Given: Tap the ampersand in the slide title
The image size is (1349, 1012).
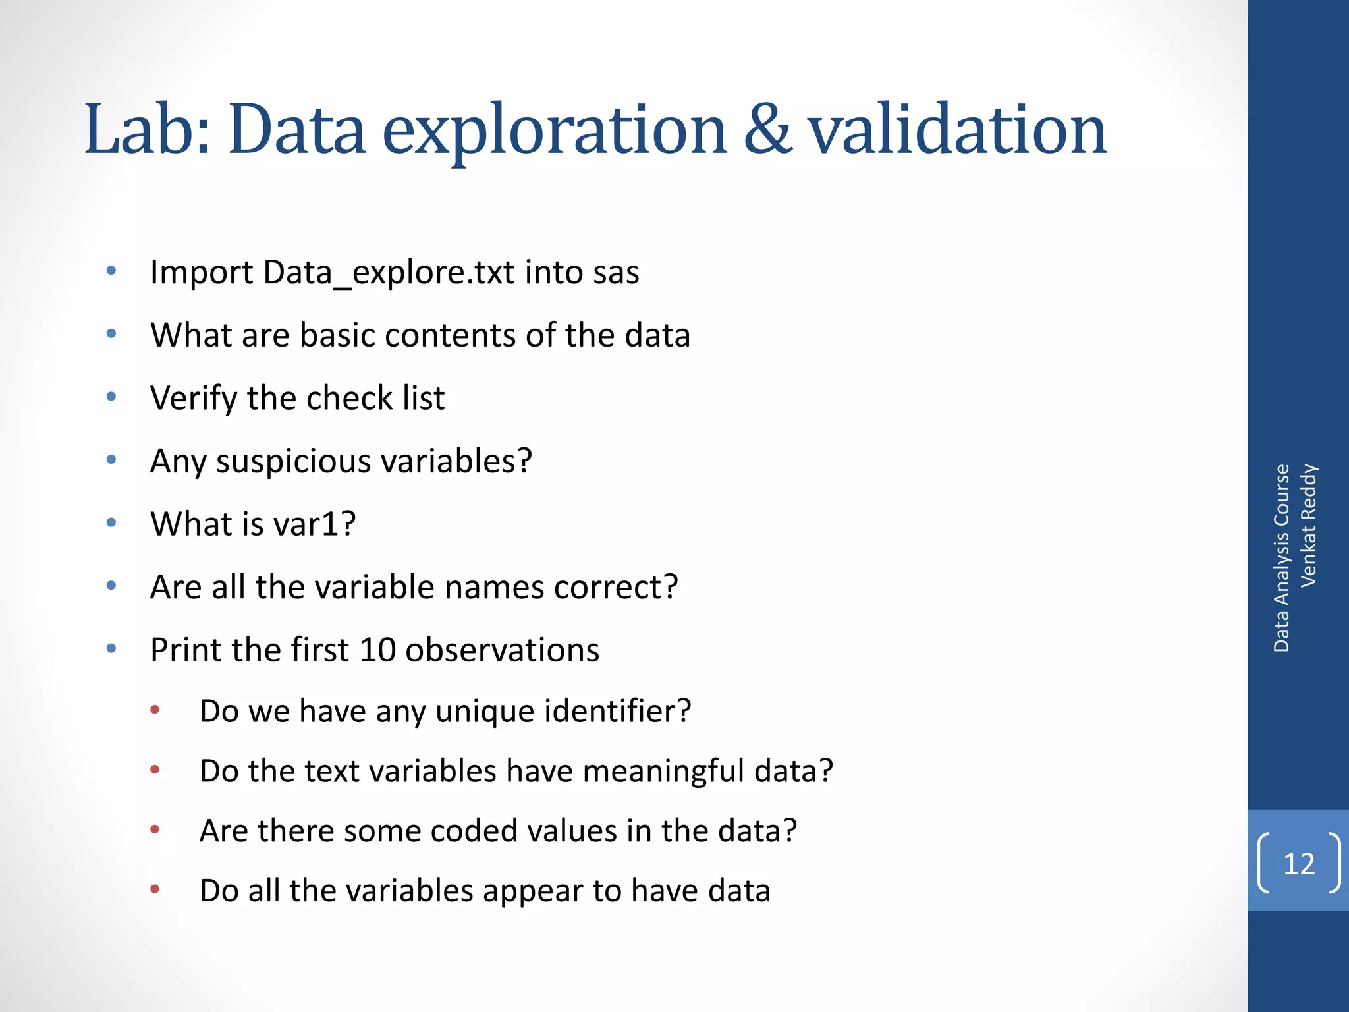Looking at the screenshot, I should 767,129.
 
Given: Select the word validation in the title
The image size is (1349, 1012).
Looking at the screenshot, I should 957,129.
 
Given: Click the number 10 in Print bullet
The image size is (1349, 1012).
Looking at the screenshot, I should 377,650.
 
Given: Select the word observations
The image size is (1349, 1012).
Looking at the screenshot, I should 502,650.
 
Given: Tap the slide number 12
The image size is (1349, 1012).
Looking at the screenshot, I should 1298,863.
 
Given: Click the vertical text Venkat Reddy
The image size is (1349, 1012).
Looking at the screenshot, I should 1308,525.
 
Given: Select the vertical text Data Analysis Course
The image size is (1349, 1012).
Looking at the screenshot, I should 1280,558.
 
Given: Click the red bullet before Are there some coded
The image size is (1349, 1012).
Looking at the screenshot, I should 155,829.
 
